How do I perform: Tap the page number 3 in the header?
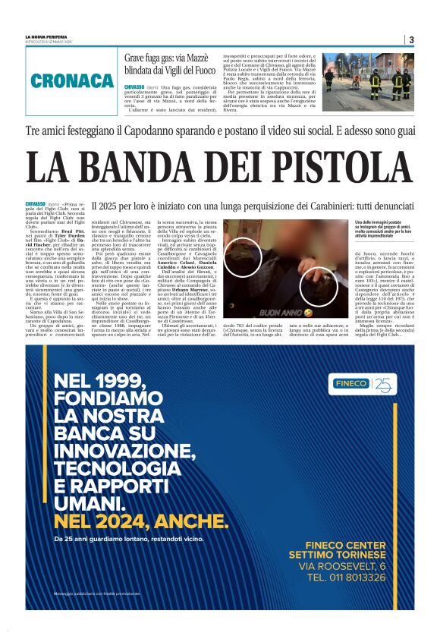[410, 39]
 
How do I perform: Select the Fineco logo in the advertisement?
[363, 384]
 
